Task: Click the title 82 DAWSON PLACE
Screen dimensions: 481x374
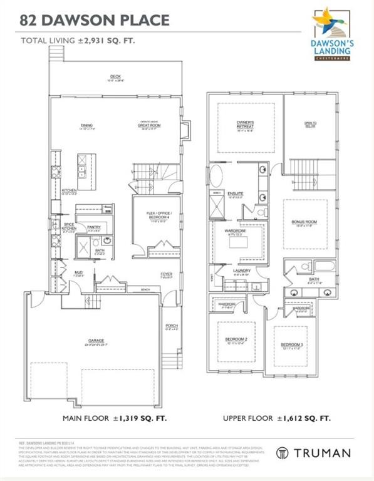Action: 95,20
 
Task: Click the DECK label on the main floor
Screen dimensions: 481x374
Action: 115,77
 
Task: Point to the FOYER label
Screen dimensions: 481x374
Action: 166,274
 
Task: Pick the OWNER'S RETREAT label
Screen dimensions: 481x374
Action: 245,123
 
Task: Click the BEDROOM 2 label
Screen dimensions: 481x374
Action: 236,340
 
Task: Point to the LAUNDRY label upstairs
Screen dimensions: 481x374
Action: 241,271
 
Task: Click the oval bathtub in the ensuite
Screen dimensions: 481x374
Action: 216,175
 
